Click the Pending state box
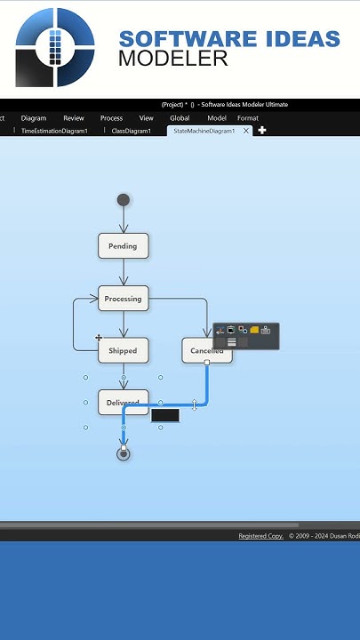pos(123,246)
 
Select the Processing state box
pos(123,299)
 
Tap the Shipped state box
pos(123,350)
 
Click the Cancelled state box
pos(206,350)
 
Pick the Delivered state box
pos(123,403)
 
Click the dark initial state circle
pos(124,200)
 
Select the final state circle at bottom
pos(124,454)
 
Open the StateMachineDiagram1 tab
pos(204,131)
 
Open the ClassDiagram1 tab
pos(131,131)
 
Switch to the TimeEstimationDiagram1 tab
pos(54,131)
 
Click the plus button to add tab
pos(262,131)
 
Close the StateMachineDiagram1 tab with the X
pos(246,131)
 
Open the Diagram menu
pos(34,118)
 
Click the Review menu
pos(74,118)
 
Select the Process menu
pos(111,118)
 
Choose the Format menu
pos(248,118)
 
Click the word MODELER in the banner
pos(172,60)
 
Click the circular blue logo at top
pos(55,47)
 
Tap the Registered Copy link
pos(260,536)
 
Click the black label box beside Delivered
pos(165,415)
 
